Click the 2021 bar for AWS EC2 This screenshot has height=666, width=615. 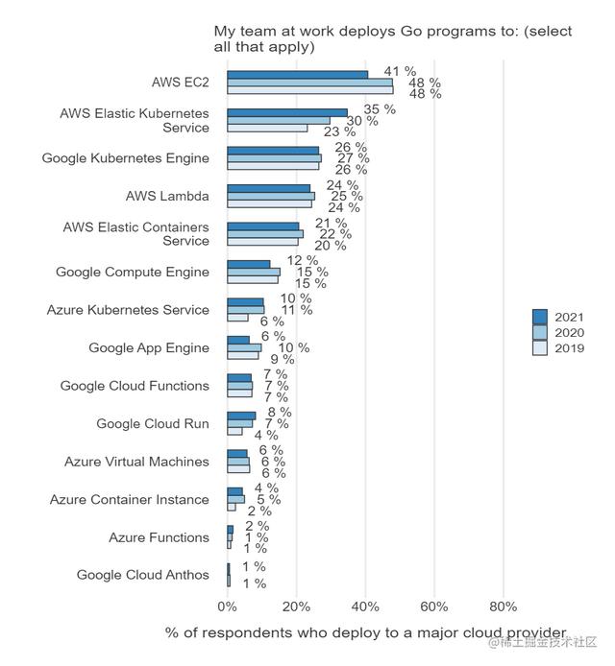click(297, 74)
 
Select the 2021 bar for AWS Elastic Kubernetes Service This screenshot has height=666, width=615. click(287, 112)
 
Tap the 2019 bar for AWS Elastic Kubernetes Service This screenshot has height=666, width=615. click(267, 128)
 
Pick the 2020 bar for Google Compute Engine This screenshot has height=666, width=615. click(254, 272)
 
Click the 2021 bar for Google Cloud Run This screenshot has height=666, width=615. click(241, 416)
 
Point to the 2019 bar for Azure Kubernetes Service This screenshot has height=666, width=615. click(237, 318)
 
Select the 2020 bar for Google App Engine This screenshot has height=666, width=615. click(244, 347)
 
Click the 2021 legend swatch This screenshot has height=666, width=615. click(540, 318)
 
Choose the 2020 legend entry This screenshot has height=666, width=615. click(562, 333)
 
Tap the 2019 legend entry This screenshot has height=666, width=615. click(562, 348)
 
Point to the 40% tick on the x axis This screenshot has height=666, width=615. click(365, 607)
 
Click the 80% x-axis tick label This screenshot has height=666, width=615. click(504, 607)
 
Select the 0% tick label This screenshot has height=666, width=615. click(227, 607)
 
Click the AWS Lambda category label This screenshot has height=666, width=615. click(167, 196)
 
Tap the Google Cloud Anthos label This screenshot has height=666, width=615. click(142, 575)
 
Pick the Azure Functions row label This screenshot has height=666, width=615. click(159, 537)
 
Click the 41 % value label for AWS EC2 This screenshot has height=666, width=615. click(400, 72)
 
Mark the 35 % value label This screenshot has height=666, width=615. click(380, 109)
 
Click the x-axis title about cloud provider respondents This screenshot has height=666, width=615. click(366, 632)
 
